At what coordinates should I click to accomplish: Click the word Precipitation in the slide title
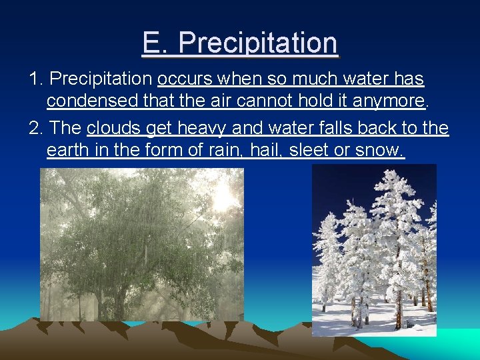pos(258,44)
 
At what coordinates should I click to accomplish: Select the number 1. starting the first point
pos(37,79)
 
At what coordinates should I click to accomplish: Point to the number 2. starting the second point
pos(37,128)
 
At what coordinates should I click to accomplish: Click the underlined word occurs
pos(183,79)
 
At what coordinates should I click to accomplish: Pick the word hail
pos(265,151)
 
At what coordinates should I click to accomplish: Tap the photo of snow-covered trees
pos(374,250)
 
